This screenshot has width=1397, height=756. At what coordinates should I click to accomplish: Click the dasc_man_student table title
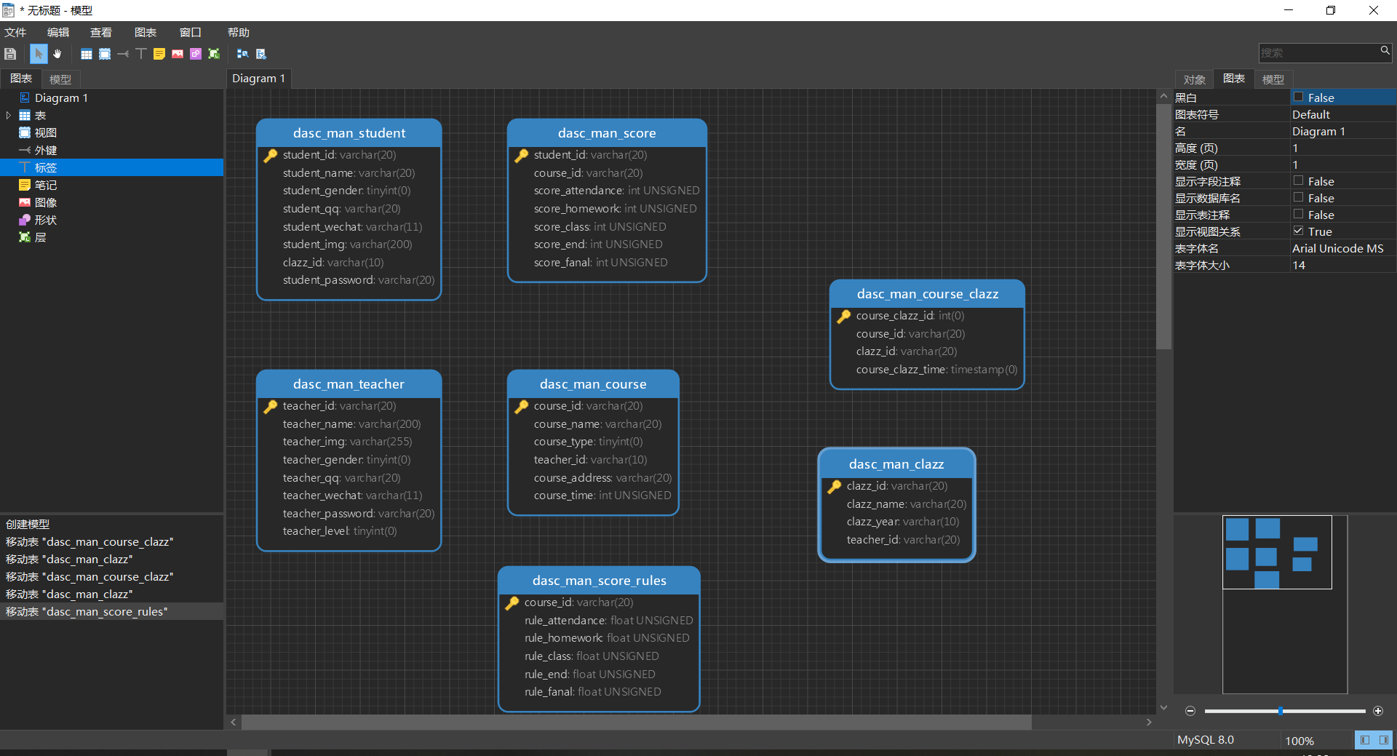pos(349,133)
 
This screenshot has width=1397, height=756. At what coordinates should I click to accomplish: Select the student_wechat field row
pos(352,227)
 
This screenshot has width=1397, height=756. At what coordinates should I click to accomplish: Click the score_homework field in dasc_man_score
pos(615,209)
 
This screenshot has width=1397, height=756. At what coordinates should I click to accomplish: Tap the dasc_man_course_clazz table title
pos(927,294)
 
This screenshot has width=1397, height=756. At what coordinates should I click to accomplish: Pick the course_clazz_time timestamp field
pos(936,370)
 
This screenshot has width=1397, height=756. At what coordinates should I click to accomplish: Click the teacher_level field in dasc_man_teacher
pos(340,531)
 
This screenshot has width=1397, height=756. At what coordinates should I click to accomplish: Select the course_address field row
pos(602,478)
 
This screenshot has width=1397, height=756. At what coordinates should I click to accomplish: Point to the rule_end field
pos(589,675)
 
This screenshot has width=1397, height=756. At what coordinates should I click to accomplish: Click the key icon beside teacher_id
pos(271,406)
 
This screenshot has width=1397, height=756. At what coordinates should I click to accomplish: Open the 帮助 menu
pos(238,33)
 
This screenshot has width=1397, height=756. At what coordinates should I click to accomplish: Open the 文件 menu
pos(15,33)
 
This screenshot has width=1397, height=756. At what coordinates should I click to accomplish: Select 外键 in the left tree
pos(45,151)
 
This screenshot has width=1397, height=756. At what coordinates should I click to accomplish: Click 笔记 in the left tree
pos(45,186)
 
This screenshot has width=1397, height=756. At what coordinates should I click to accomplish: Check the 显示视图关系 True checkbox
pos(1298,231)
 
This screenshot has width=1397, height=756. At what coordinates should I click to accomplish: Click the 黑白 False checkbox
pos(1298,98)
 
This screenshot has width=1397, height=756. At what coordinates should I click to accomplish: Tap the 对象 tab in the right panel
pos(1194,79)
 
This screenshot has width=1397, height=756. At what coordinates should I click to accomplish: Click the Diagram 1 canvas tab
pos(258,79)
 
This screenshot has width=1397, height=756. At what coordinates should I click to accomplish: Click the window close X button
pos(1373,10)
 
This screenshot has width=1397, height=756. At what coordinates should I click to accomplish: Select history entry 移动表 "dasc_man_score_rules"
pos(87,612)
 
